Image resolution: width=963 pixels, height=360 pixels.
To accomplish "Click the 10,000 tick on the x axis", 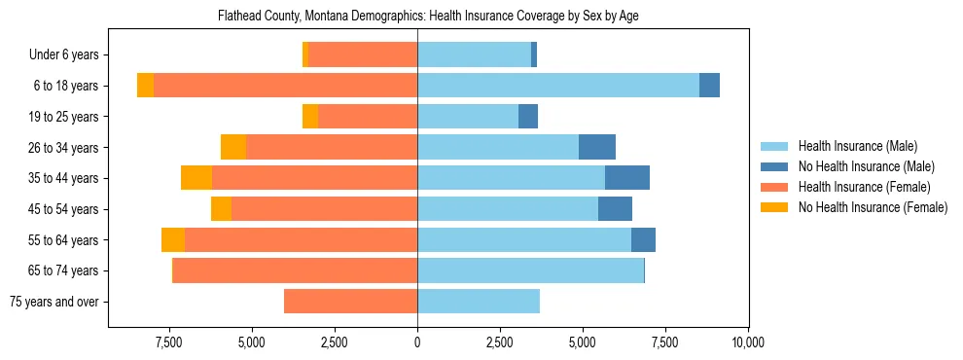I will [747, 342].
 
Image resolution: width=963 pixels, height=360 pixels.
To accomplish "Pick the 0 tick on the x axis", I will [417, 342].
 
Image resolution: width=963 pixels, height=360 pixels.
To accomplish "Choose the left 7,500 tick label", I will [169, 342].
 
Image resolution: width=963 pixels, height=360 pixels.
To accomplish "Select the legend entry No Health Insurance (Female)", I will [873, 207].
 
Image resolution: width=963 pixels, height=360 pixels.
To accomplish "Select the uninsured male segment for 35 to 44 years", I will [626, 178].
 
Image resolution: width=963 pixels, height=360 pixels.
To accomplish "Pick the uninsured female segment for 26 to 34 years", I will [233, 147].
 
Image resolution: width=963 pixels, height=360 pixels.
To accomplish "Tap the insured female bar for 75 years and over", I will [350, 302].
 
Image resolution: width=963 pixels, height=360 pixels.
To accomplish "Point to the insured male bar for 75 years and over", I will [478, 302].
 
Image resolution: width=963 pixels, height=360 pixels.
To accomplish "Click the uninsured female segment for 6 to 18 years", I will [145, 86].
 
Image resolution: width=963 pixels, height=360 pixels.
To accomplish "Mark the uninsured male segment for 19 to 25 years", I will [527, 117].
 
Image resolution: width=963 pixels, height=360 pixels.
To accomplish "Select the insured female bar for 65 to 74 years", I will [295, 270].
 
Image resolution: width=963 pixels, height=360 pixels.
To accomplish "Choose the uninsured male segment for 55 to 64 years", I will [643, 240].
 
